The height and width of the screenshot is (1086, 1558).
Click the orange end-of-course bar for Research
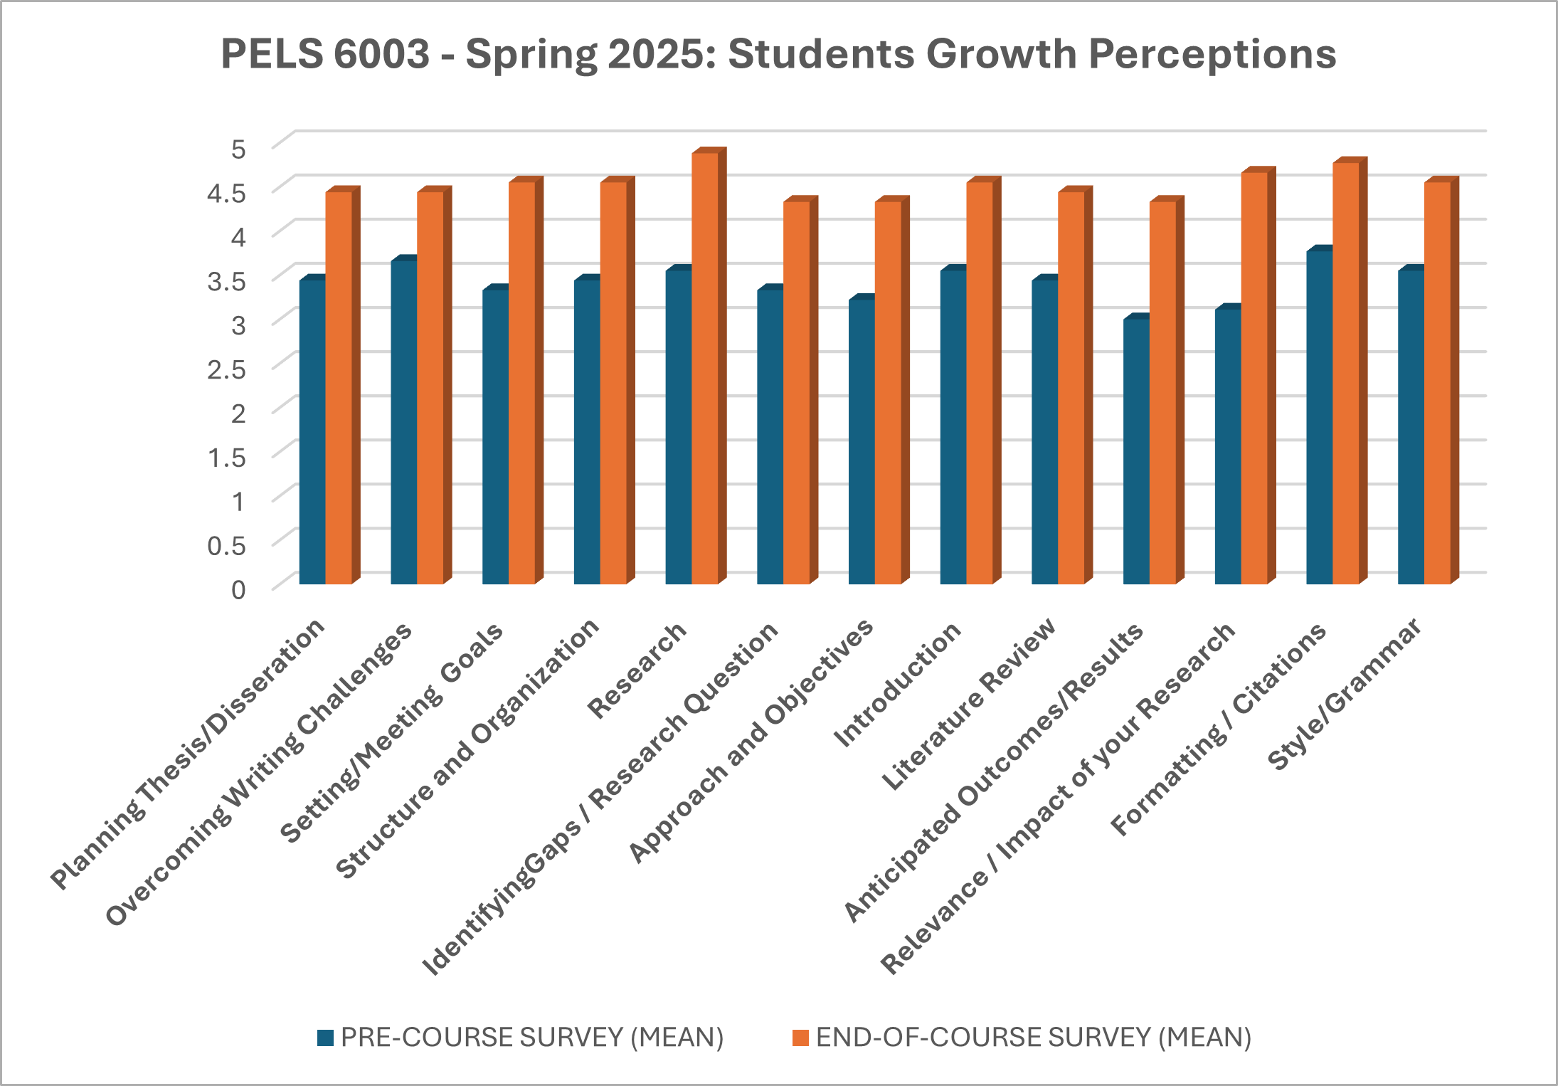click(x=704, y=370)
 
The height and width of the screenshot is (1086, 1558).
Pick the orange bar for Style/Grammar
click(x=1437, y=384)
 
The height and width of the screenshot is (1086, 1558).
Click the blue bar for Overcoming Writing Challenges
click(x=403, y=423)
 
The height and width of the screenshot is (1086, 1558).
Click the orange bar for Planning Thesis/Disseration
click(x=339, y=388)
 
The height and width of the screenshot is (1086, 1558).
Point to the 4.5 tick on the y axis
click(x=226, y=193)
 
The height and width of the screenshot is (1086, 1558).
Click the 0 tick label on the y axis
click(x=238, y=589)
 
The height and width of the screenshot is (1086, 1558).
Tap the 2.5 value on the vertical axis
click(x=226, y=369)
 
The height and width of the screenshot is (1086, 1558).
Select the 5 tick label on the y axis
click(x=238, y=149)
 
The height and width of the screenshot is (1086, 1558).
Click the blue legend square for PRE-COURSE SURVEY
click(x=325, y=1038)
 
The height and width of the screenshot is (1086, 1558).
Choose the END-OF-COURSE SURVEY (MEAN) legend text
click(x=1033, y=1038)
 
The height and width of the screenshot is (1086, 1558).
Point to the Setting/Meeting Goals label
click(x=392, y=733)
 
